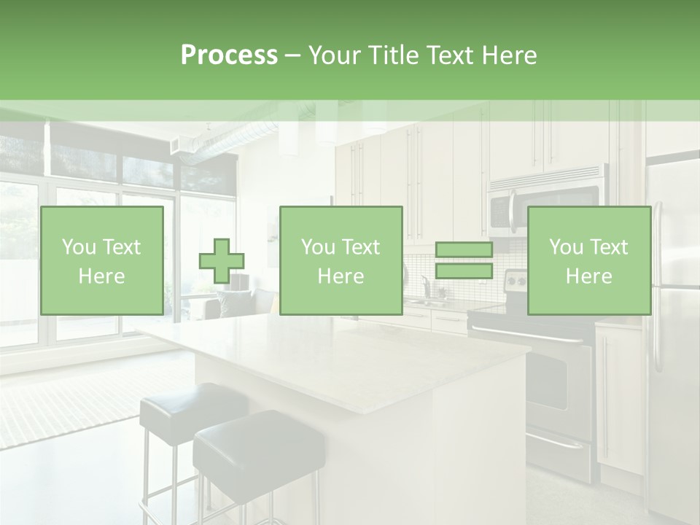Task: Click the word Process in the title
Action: coord(229,55)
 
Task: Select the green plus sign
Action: coord(222,261)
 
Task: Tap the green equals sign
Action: coord(464,261)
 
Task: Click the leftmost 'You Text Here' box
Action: coord(102,260)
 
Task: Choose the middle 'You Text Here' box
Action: coord(341,260)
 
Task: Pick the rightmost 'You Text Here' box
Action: coord(588,260)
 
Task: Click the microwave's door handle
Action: coord(513,211)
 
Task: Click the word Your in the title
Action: coord(332,55)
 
